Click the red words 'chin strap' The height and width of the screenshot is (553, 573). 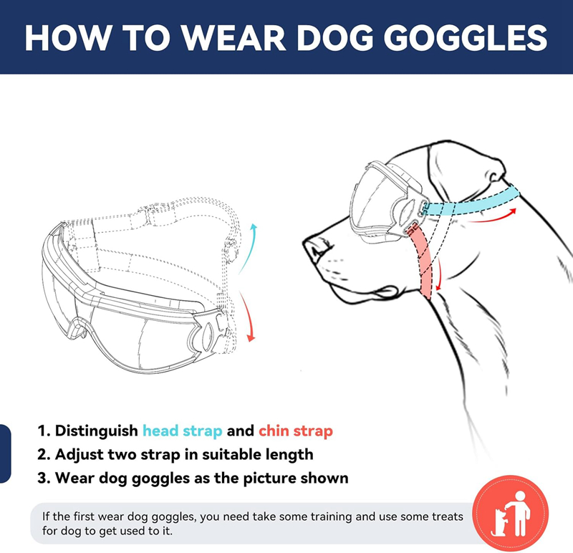coord(296,431)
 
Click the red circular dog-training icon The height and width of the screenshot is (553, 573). coord(511,514)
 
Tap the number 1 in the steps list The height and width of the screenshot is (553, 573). coord(42,431)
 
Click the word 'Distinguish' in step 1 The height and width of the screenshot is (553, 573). coord(96,431)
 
